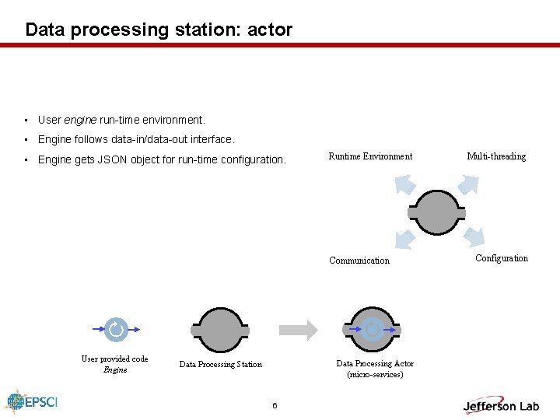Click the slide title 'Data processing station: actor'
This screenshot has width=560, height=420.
tap(159, 30)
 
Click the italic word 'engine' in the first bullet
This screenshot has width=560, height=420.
tap(80, 120)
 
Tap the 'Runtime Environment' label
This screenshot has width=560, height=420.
tap(370, 156)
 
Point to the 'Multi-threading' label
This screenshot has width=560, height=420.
tap(496, 156)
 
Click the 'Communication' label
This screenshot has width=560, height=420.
tap(359, 261)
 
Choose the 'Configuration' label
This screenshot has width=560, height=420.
tap(501, 258)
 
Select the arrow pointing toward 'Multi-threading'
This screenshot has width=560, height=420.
tap(469, 184)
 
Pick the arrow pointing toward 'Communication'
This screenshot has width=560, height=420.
tap(406, 238)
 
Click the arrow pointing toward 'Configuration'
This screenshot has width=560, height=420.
tap(473, 237)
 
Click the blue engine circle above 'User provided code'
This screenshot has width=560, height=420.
tap(115, 330)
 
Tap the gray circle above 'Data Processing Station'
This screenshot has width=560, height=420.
tap(220, 331)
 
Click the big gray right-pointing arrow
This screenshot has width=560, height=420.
tap(299, 329)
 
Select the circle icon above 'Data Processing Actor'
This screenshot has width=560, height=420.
tap(374, 330)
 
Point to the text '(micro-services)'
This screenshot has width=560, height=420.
tap(375, 375)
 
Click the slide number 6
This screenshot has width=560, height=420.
tap(275, 406)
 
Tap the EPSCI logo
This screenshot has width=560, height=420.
tap(32, 401)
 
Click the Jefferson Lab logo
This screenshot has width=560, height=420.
tap(501, 405)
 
